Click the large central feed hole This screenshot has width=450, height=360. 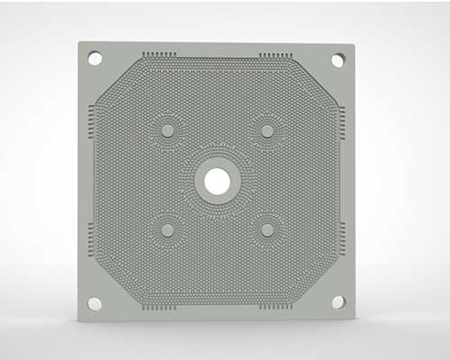[217, 181]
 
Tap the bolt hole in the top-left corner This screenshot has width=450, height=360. [94, 58]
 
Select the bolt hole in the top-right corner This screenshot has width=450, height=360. [337, 59]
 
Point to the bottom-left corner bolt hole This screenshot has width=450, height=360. [94, 303]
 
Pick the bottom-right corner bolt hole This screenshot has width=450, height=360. [337, 302]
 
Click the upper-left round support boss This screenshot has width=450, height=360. [166, 130]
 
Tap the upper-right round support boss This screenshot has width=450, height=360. [267, 130]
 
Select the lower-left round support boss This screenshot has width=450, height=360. [166, 230]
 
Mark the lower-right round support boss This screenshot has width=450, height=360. [267, 230]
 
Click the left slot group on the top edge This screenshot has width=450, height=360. [160, 56]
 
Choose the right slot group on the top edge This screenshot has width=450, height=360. [274, 56]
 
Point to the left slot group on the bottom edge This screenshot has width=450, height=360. [160, 306]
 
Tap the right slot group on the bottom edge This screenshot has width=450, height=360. [274, 306]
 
